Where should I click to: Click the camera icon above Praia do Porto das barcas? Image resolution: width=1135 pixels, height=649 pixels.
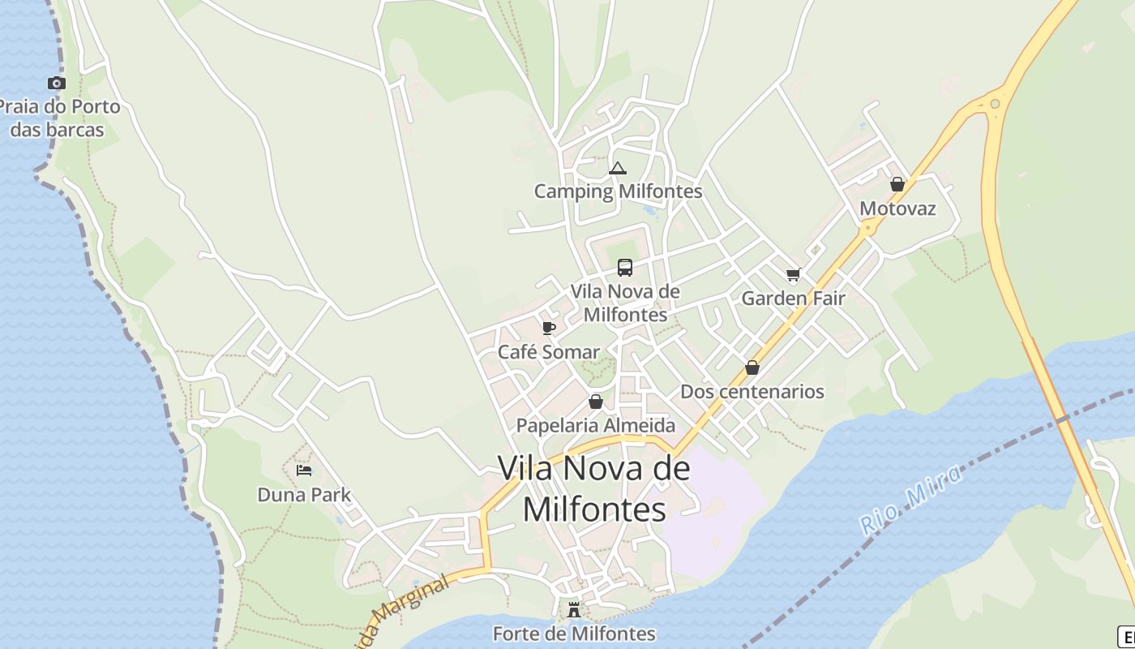point(56,83)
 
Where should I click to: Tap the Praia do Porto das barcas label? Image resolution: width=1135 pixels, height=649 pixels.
point(58,118)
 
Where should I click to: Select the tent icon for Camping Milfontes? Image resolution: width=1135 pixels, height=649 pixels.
point(618,169)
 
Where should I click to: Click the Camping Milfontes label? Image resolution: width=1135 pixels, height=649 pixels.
point(618,192)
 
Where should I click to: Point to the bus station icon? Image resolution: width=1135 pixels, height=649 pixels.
point(625,267)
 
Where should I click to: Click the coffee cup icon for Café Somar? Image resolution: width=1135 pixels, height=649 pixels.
point(549,328)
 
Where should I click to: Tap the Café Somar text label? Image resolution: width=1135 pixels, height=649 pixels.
point(549,352)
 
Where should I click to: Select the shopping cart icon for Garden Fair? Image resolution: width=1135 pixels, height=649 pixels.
point(794,274)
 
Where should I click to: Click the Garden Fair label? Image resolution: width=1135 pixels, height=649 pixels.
point(794,298)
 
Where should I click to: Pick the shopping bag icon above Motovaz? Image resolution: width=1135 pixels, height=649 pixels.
point(897,184)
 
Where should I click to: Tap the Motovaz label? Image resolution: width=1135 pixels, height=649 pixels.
point(897,208)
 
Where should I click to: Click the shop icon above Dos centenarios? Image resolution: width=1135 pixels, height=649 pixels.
point(752,367)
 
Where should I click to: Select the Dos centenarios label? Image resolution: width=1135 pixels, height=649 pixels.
point(752,391)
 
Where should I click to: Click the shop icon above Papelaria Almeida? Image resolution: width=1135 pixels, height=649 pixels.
point(596,402)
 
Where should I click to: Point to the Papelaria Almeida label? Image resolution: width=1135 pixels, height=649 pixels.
point(596,425)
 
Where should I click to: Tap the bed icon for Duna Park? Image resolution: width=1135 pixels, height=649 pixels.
point(304,470)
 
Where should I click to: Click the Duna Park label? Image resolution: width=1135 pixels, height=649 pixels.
point(304,494)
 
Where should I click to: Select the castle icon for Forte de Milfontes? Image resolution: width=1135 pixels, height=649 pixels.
point(574,609)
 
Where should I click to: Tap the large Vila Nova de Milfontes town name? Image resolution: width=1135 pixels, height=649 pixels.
point(594,488)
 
